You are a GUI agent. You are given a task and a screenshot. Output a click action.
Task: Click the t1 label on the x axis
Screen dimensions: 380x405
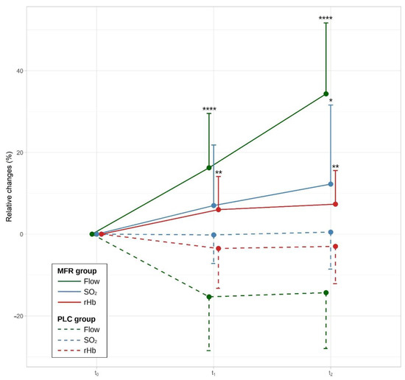[x=214, y=373]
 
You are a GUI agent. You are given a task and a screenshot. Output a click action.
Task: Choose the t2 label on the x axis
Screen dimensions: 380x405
[x=330, y=373]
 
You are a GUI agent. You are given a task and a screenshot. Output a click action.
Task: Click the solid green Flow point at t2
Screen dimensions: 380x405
[x=325, y=94]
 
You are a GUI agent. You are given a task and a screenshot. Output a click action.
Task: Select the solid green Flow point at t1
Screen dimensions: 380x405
[x=209, y=168]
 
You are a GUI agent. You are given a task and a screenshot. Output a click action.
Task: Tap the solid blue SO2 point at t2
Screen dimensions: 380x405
[x=331, y=184]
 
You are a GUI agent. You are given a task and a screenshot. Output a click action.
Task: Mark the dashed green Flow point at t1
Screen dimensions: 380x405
[x=209, y=297]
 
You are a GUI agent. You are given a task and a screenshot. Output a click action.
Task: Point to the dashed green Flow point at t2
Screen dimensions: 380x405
[x=325, y=292]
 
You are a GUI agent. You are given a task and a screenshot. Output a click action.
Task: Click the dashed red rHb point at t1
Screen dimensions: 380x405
[x=218, y=248]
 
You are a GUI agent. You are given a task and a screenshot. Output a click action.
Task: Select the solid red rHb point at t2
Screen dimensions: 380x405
[x=335, y=204]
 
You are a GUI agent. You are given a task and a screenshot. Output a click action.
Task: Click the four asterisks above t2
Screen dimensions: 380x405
[x=325, y=19]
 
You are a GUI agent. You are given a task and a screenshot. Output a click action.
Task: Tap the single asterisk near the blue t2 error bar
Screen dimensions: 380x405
[x=331, y=102]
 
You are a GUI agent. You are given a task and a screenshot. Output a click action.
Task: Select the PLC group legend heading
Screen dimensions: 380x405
[x=77, y=318]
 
